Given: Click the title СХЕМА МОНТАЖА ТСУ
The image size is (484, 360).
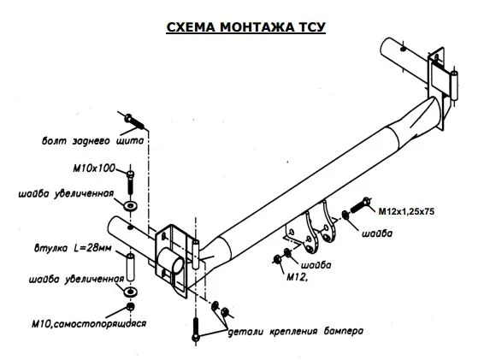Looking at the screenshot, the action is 245,27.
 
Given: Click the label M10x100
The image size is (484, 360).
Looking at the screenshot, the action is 94,168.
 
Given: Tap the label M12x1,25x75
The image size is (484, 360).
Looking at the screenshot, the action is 406,211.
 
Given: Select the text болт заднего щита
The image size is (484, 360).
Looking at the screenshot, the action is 93,141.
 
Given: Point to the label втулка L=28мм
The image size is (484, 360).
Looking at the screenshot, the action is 73,248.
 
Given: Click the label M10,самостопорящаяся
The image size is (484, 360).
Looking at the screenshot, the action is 89,324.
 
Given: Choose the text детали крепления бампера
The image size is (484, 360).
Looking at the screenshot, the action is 295,332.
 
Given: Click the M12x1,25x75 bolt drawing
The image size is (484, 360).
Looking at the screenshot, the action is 360,205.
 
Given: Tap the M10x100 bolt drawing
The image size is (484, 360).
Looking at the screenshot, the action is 131,182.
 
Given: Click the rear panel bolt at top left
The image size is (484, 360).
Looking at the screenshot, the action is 134,121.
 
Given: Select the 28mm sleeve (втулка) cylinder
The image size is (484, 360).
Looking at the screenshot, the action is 130,267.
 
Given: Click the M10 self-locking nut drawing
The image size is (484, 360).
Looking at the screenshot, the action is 131,307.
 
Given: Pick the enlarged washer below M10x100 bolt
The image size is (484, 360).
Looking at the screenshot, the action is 131,205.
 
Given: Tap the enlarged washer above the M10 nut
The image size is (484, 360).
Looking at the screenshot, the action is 130,291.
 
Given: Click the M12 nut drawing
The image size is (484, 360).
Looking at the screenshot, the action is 277,259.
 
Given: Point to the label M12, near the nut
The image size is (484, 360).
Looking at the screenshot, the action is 298,278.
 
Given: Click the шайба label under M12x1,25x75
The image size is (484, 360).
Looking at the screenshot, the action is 377,233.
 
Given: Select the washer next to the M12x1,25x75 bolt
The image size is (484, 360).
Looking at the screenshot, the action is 345,215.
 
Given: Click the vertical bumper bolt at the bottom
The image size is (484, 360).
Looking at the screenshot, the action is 196,329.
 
